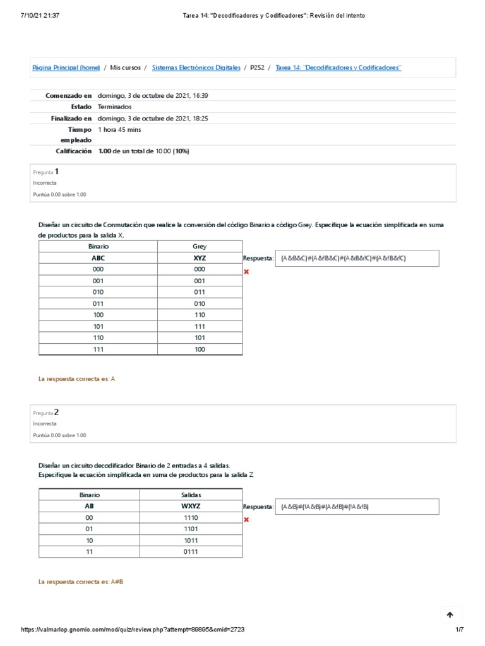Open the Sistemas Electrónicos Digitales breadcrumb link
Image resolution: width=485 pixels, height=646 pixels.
pyautogui.click(x=196, y=68)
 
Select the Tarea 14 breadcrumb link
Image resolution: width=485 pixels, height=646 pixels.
pyautogui.click(x=338, y=68)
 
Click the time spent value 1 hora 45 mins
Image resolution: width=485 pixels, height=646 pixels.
pyautogui.click(x=120, y=129)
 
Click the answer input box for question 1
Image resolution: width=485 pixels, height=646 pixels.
pyautogui.click(x=349, y=258)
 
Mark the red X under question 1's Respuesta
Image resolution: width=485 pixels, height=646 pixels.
pyautogui.click(x=246, y=271)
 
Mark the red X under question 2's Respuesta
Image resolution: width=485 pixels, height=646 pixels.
pyautogui.click(x=246, y=520)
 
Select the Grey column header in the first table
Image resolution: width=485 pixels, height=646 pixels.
pyautogui.click(x=200, y=247)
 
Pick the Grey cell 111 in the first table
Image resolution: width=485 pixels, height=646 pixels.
pyautogui.click(x=200, y=326)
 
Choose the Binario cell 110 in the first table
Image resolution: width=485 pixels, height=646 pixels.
pyautogui.click(x=98, y=338)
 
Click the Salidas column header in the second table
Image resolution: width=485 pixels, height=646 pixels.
pyautogui.click(x=190, y=495)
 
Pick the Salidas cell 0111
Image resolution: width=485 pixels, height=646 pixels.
pyautogui.click(x=190, y=552)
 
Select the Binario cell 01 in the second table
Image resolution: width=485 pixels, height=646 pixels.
pyautogui.click(x=89, y=529)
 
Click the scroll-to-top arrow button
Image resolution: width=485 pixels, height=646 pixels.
pyautogui.click(x=450, y=615)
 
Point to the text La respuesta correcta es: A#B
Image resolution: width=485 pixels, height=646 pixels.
pyautogui.click(x=81, y=581)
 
